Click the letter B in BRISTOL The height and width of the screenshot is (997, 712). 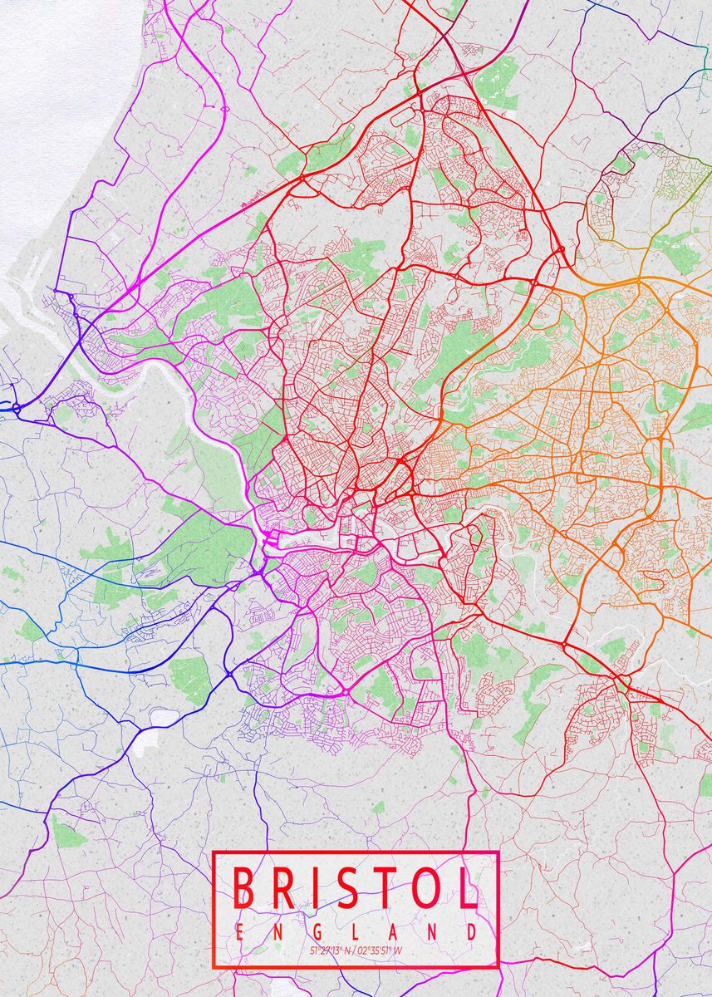click(243, 887)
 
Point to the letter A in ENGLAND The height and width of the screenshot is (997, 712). click(395, 932)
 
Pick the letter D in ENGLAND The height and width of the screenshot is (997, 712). click(471, 932)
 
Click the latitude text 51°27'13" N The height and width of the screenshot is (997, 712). click(330, 950)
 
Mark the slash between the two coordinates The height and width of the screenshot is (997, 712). click(354, 950)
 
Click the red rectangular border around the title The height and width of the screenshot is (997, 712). click(214, 914)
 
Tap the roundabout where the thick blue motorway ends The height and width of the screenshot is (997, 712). click(16, 408)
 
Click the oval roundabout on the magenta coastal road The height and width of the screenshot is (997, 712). click(224, 109)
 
